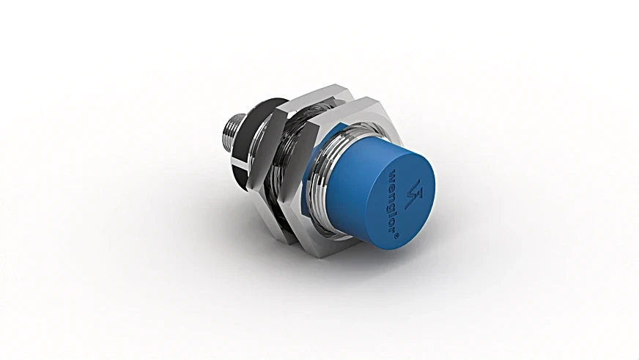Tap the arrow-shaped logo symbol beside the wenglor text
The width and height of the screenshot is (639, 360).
[x=415, y=193]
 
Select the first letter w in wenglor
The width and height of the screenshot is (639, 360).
[x=388, y=173]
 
